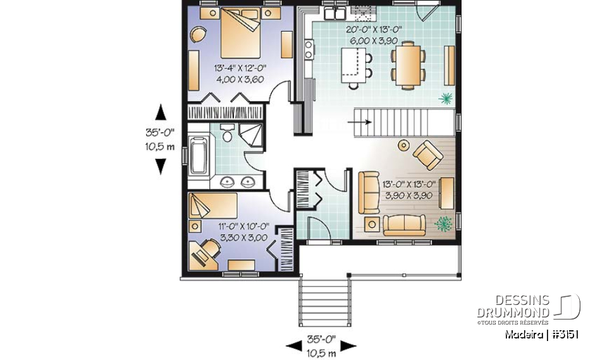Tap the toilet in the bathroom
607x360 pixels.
227,134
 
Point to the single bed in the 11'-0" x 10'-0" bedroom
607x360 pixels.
212,205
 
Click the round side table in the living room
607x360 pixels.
403,146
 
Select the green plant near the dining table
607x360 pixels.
446,98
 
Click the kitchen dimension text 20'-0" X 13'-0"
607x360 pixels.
374,30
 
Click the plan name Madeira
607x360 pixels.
524,335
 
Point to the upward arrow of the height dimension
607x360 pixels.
161,112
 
